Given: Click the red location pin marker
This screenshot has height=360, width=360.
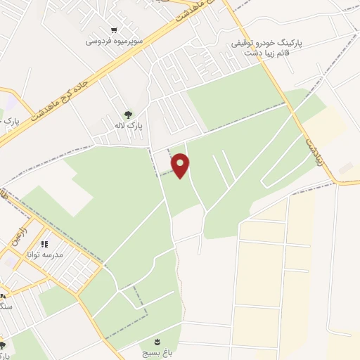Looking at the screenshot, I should click(181, 166).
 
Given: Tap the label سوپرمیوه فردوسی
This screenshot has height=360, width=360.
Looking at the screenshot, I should click(115, 41).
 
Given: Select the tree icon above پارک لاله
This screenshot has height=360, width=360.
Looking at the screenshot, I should click(128, 115).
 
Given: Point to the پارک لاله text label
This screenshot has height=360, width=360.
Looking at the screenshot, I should click(129, 126).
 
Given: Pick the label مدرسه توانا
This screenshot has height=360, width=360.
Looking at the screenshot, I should click(44, 254).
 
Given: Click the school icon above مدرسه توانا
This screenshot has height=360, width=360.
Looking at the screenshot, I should click(44, 244).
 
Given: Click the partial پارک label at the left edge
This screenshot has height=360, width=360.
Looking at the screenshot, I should click(10, 121).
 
